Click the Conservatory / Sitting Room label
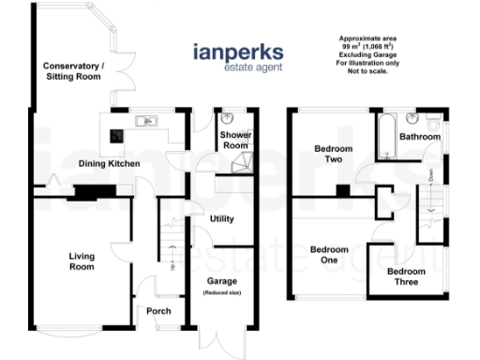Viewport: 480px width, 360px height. click(73, 71)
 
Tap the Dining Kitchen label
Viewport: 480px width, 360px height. click(110, 164)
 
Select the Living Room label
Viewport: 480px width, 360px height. click(82, 260)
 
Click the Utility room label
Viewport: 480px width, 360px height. click(222, 218)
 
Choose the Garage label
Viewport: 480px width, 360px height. click(222, 280)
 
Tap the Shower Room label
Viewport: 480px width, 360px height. click(235, 140)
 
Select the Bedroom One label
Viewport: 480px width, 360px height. click(329, 254)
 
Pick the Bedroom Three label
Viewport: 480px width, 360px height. click(407, 277)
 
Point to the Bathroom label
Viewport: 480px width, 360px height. click(419, 137)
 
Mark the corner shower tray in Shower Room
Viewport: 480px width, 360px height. click(241, 164)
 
